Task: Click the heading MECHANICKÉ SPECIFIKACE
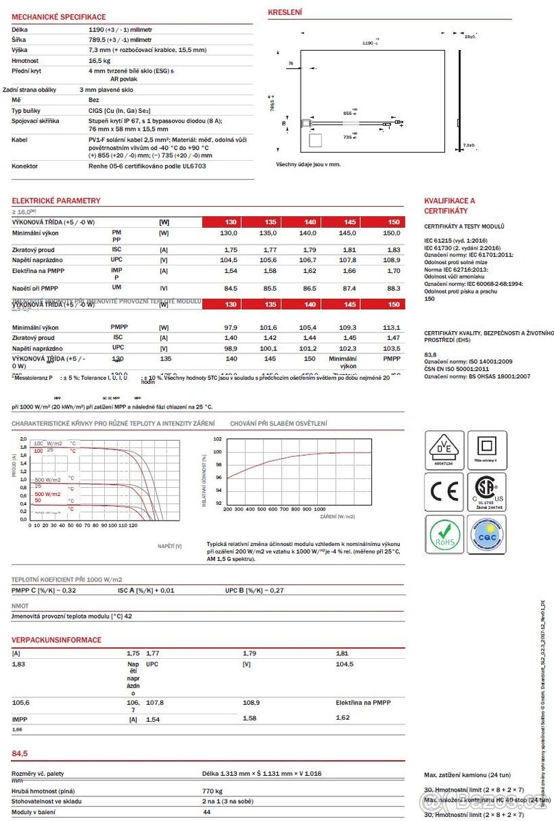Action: coord(59,16)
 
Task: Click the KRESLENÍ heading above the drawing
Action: coord(285,12)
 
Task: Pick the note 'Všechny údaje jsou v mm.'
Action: coord(308,164)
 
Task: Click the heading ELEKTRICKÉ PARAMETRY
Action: coord(56,200)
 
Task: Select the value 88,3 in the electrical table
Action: coord(394,288)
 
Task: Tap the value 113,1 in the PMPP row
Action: coord(392,327)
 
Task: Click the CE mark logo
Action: coord(444,491)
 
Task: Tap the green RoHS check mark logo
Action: coord(444,534)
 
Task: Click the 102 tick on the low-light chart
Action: coord(217,439)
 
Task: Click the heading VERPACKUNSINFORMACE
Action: coord(56,640)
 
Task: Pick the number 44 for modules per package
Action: coord(207,811)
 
